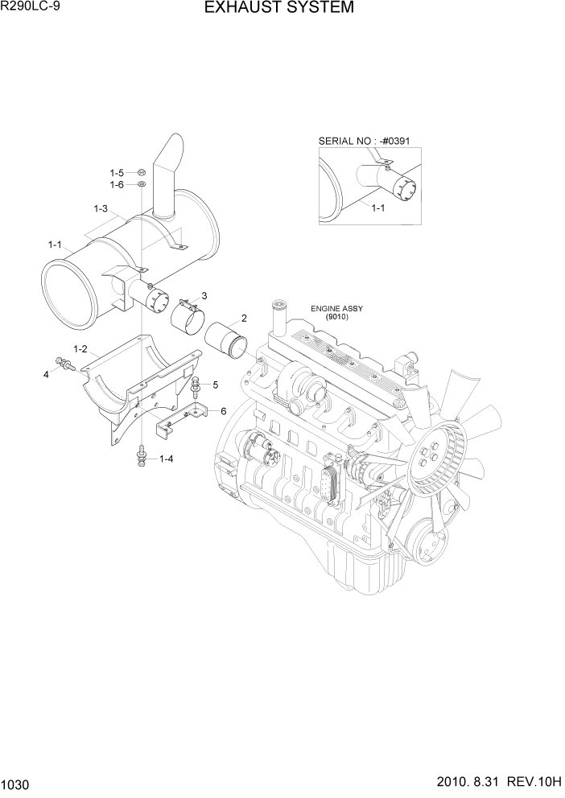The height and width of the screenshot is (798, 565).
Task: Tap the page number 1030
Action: point(17,783)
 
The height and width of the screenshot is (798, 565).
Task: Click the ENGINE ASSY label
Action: point(337,308)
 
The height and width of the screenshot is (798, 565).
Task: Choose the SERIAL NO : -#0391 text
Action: point(364,142)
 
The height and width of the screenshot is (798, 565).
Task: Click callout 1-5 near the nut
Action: point(117,173)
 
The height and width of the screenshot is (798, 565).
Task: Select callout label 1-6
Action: point(117,185)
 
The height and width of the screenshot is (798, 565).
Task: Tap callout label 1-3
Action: point(101,209)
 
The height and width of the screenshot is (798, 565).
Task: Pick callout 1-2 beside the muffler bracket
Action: point(80,349)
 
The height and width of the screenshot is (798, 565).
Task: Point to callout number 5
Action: point(216,385)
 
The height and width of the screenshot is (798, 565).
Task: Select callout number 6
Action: point(223,411)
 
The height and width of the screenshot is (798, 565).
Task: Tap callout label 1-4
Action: point(167,459)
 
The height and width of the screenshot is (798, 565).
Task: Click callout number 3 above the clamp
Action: point(204,296)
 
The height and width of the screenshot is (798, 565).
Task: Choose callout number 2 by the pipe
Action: point(243,318)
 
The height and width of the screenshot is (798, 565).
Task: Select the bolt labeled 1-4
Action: point(142,458)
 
